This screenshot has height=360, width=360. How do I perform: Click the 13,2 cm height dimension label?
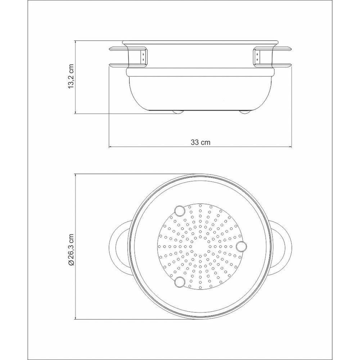coord(71,77)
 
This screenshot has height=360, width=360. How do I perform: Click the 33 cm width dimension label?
coord(201,142)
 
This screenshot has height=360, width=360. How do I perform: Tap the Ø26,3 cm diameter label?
coord(71,248)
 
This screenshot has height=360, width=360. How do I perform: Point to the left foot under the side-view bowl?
coord(177,112)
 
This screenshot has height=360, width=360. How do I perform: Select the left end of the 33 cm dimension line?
coord(109,147)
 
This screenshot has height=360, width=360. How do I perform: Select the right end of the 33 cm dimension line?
coord(292,147)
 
